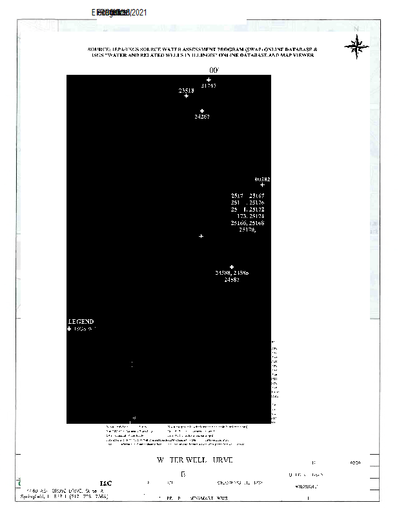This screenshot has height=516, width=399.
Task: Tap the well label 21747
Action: coord(209,85)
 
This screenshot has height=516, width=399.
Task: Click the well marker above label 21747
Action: coord(209,80)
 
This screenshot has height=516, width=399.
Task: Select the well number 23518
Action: coord(187,91)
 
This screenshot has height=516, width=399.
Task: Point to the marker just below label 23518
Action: coord(187,96)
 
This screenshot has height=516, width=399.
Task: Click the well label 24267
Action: coord(202,117)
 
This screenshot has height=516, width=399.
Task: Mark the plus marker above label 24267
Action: coord(202,111)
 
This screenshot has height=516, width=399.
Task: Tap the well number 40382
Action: coord(262,179)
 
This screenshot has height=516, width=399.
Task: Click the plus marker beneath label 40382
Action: coord(262,185)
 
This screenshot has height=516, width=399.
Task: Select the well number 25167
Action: coord(257,195)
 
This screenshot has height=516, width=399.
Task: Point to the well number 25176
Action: coord(257,202)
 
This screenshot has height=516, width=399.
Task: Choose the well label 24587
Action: coord(232,280)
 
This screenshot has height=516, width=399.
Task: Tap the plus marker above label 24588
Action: coord(232,267)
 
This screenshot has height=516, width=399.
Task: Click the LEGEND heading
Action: coord(81,321)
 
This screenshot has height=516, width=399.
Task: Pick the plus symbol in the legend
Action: coord(70,329)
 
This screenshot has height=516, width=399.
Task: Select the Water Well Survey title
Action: coord(194,460)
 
